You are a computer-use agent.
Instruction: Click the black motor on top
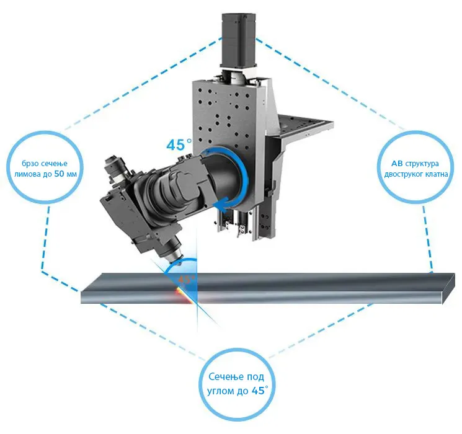click(238, 39)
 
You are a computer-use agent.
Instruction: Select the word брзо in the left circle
click(30, 164)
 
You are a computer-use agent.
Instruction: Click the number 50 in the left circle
click(60, 174)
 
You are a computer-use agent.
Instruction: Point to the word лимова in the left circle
click(27, 174)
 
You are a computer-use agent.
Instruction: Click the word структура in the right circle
click(422, 164)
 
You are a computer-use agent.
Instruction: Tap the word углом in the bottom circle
click(220, 391)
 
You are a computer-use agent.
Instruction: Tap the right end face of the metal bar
click(448, 288)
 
